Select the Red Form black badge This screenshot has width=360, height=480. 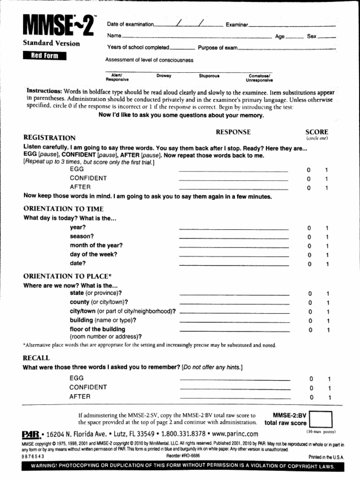pos(45,57)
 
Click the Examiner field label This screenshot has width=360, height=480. pos(237,25)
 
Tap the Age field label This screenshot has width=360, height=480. pos(280,37)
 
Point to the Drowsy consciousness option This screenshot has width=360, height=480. pos(164,75)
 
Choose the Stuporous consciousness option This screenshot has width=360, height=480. pos(209,75)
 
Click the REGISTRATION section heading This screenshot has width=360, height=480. pos(49,138)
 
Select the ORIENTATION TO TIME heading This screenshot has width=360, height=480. pos(63,209)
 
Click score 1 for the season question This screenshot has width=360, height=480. pos(327,237)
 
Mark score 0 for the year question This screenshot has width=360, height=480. pos(309,228)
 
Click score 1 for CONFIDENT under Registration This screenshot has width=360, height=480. pos(327,179)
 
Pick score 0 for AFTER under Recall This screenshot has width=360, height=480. pos(311,397)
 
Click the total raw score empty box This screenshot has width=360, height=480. pos(321,419)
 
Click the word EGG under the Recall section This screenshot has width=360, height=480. pos(76,378)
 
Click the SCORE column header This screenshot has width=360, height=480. pos(316,132)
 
